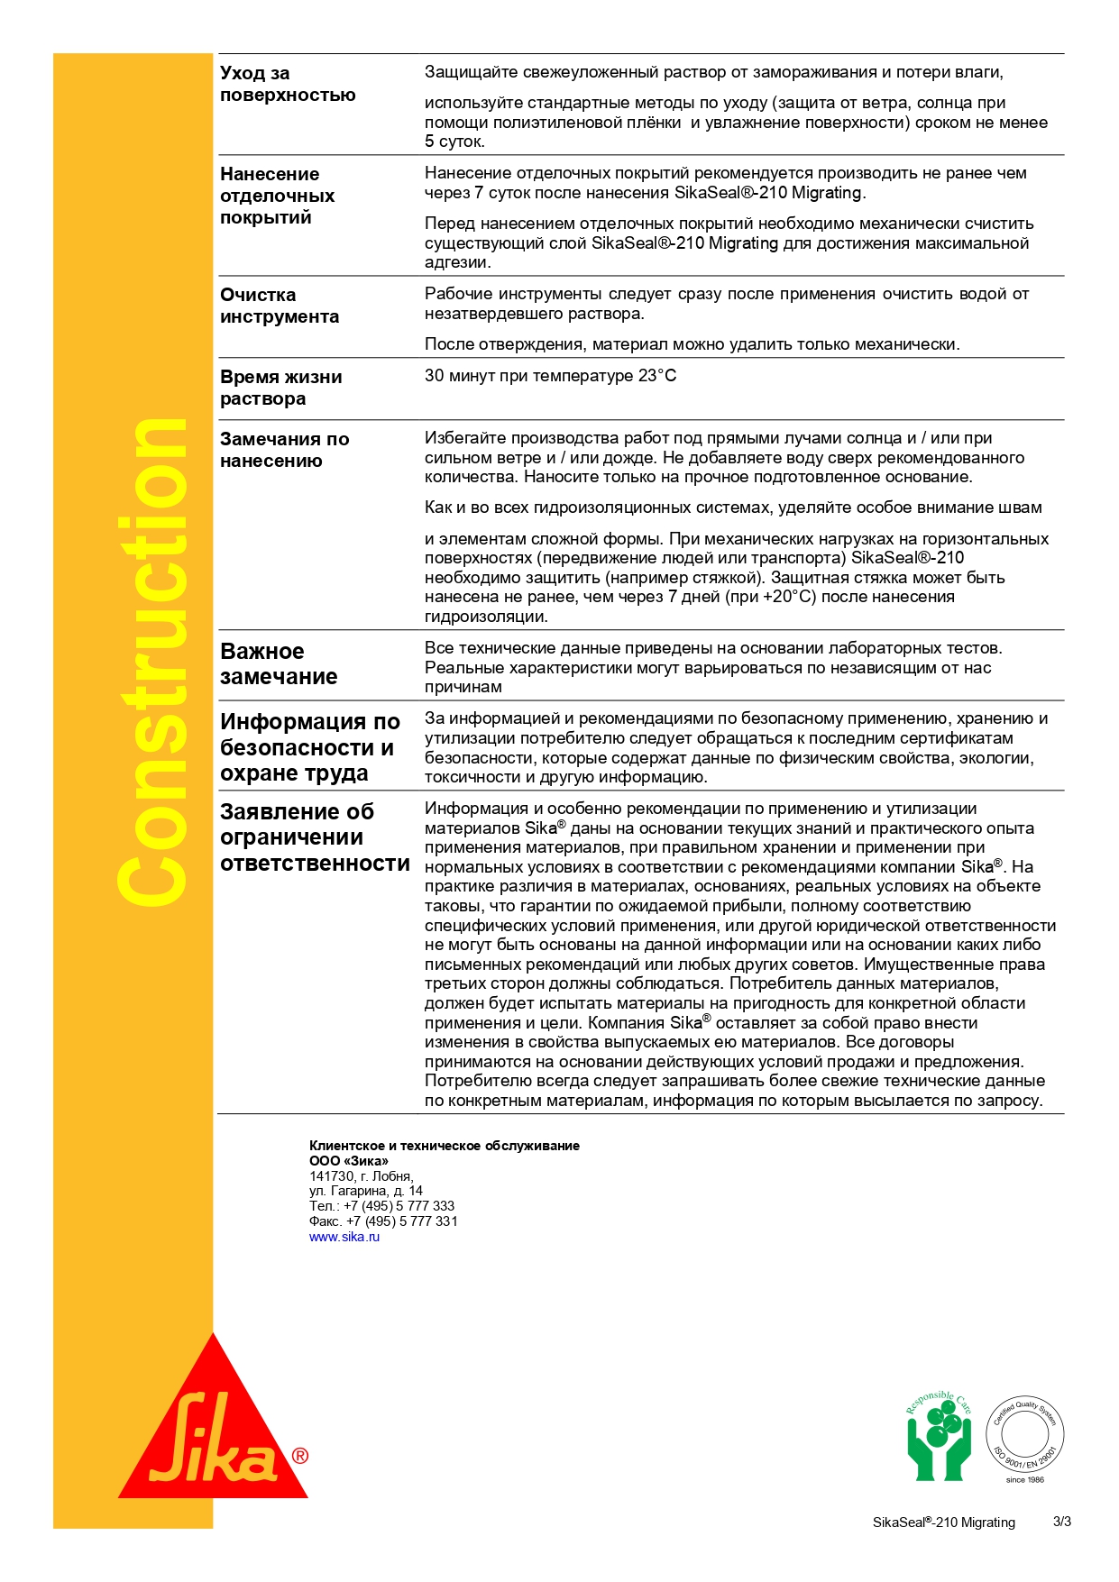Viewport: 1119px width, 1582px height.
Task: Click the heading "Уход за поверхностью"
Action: (x=287, y=84)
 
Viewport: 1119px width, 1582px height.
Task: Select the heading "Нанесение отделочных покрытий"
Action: (x=277, y=196)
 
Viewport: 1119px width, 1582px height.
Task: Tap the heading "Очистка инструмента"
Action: (x=279, y=306)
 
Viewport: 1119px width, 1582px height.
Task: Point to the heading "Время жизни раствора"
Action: (x=280, y=388)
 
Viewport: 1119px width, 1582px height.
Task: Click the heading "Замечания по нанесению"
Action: (x=284, y=450)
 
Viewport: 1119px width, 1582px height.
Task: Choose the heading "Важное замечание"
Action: (x=278, y=663)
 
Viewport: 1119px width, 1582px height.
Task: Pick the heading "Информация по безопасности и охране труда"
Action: (x=309, y=747)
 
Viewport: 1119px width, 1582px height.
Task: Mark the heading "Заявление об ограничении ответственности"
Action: (x=314, y=837)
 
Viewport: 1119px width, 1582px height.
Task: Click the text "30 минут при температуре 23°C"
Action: (x=550, y=376)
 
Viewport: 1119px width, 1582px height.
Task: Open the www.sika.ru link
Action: (x=344, y=1237)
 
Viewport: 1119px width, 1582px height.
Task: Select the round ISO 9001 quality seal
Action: (x=1024, y=1434)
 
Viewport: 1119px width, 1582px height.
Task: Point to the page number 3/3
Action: (x=1061, y=1522)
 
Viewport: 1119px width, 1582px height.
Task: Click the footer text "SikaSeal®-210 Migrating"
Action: (x=943, y=1523)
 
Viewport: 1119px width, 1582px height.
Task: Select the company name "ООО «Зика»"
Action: (x=348, y=1161)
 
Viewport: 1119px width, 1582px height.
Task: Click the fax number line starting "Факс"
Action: (x=383, y=1221)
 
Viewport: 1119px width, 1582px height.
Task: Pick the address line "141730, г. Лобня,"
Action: (x=361, y=1176)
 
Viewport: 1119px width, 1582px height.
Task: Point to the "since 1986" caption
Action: (x=1024, y=1479)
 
